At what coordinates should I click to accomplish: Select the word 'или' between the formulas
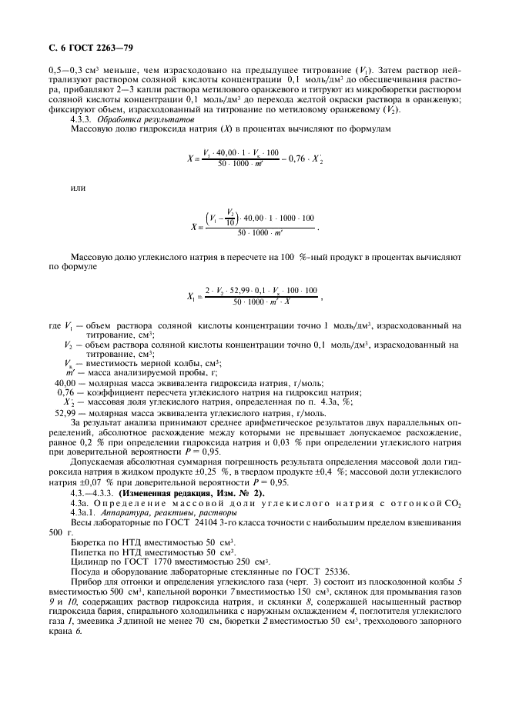76,187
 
